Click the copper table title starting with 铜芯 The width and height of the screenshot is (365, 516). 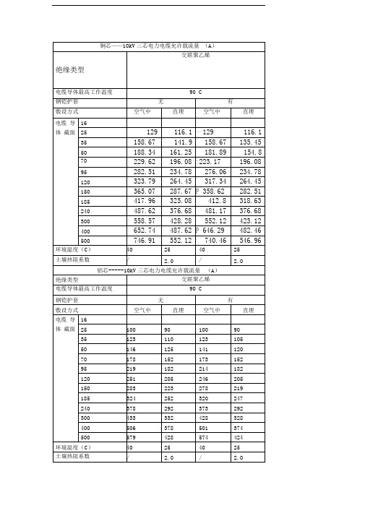[157, 46]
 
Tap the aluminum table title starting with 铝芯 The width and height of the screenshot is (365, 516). [157, 270]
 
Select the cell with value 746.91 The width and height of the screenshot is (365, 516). [142, 238]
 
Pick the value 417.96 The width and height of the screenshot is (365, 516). [142, 199]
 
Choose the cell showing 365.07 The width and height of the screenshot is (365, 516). [142, 189]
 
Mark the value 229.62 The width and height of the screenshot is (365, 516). [142, 162]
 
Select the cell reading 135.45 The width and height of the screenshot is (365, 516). [248, 142]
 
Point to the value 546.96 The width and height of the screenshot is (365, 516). [248, 238]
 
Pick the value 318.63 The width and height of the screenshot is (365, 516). [248, 199]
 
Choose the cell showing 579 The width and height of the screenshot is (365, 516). [132, 437]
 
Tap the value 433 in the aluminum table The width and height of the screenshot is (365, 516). [132, 418]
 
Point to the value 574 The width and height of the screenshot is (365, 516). [204, 437]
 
